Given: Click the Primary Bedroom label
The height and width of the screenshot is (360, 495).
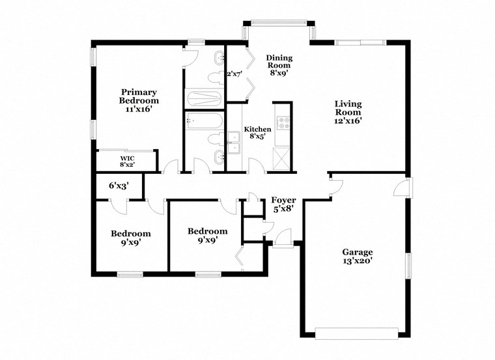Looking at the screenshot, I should pyautogui.click(x=139, y=101).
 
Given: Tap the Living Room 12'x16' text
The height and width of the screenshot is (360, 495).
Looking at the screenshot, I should pyautogui.click(x=348, y=112).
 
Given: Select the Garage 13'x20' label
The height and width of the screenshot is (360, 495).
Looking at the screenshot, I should pyautogui.click(x=358, y=256).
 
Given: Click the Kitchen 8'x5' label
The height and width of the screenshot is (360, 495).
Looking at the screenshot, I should pyautogui.click(x=257, y=133).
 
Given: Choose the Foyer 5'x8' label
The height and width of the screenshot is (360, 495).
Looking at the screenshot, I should pyautogui.click(x=283, y=204).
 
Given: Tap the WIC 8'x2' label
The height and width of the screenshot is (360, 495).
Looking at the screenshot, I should pyautogui.click(x=126, y=161).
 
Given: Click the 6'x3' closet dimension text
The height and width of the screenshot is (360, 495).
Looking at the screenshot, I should pyautogui.click(x=119, y=186).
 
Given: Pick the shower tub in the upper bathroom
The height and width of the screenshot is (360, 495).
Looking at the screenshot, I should pyautogui.click(x=204, y=98).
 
